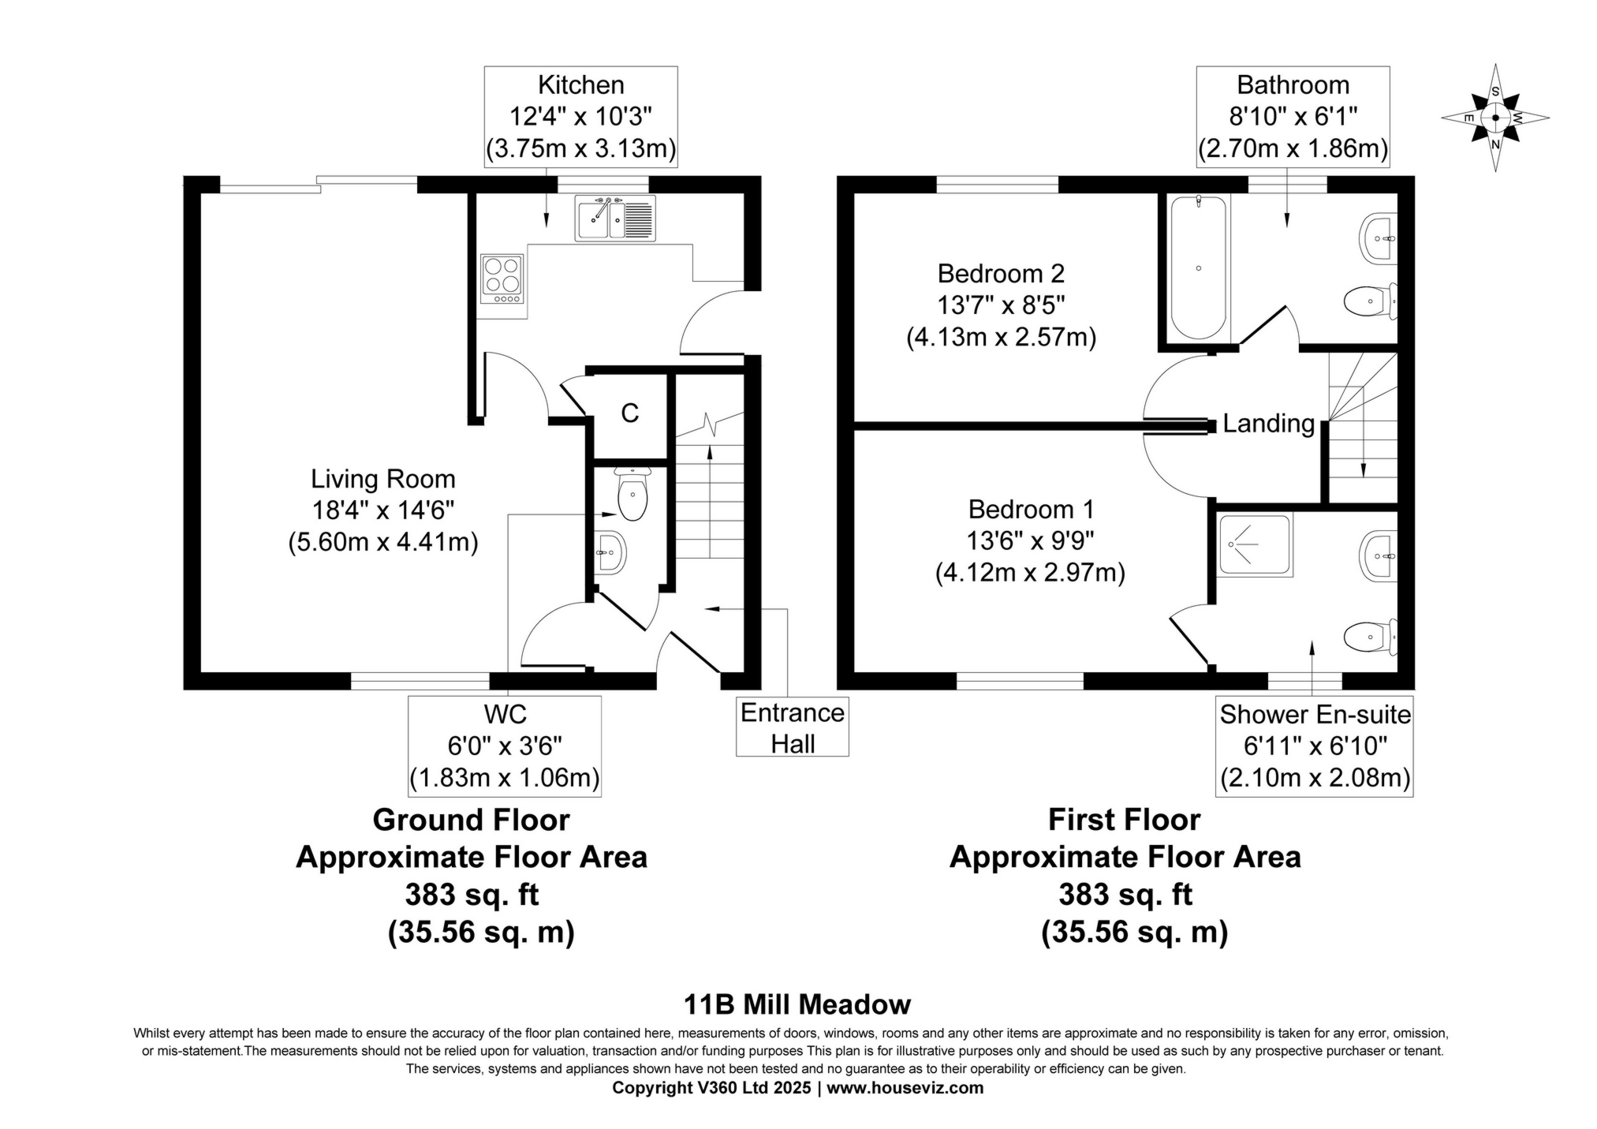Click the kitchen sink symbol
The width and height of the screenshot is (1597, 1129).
point(615,217)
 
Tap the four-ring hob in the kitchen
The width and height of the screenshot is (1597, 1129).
point(502,279)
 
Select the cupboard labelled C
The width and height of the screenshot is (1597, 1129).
point(629,413)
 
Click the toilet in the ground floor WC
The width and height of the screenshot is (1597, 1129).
point(632,495)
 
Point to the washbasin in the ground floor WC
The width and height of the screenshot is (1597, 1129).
point(610,551)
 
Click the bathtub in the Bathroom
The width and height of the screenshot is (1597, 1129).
point(1198,268)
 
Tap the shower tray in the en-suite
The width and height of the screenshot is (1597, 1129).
point(1254,544)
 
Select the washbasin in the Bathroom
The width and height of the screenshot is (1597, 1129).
point(1379,237)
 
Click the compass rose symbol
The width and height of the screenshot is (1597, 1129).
point(1494,118)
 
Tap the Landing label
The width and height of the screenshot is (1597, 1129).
point(1268,424)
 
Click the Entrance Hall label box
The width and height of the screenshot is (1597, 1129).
point(792,727)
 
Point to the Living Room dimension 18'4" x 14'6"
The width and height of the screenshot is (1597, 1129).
point(383,510)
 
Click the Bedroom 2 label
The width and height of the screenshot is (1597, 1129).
point(1000,274)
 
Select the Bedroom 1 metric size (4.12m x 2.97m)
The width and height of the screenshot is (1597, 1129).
point(1030,572)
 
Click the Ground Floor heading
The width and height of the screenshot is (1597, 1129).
point(471,820)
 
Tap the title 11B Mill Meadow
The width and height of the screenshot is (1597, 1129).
point(797,1004)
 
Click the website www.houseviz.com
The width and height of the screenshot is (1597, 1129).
point(905,1088)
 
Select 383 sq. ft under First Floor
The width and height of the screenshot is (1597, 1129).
point(1125,895)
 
